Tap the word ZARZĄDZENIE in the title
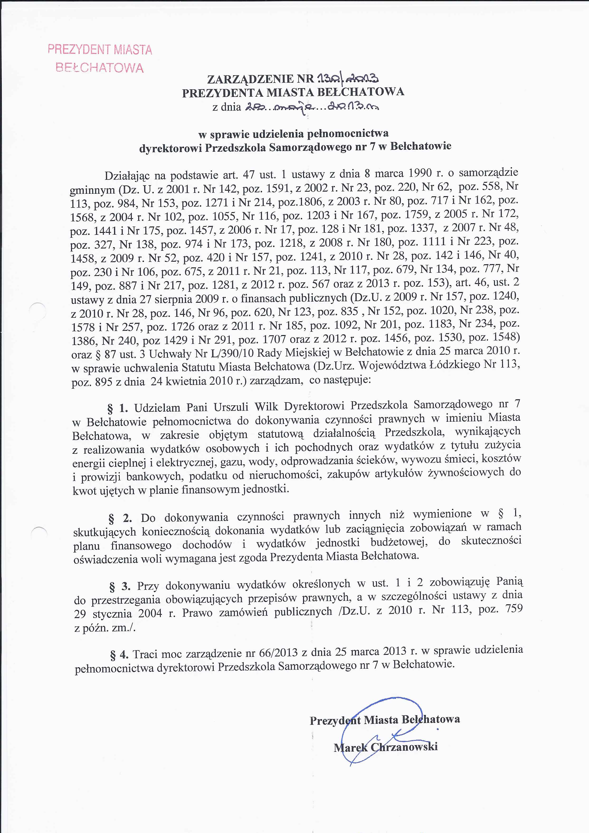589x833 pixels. pos(250,79)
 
